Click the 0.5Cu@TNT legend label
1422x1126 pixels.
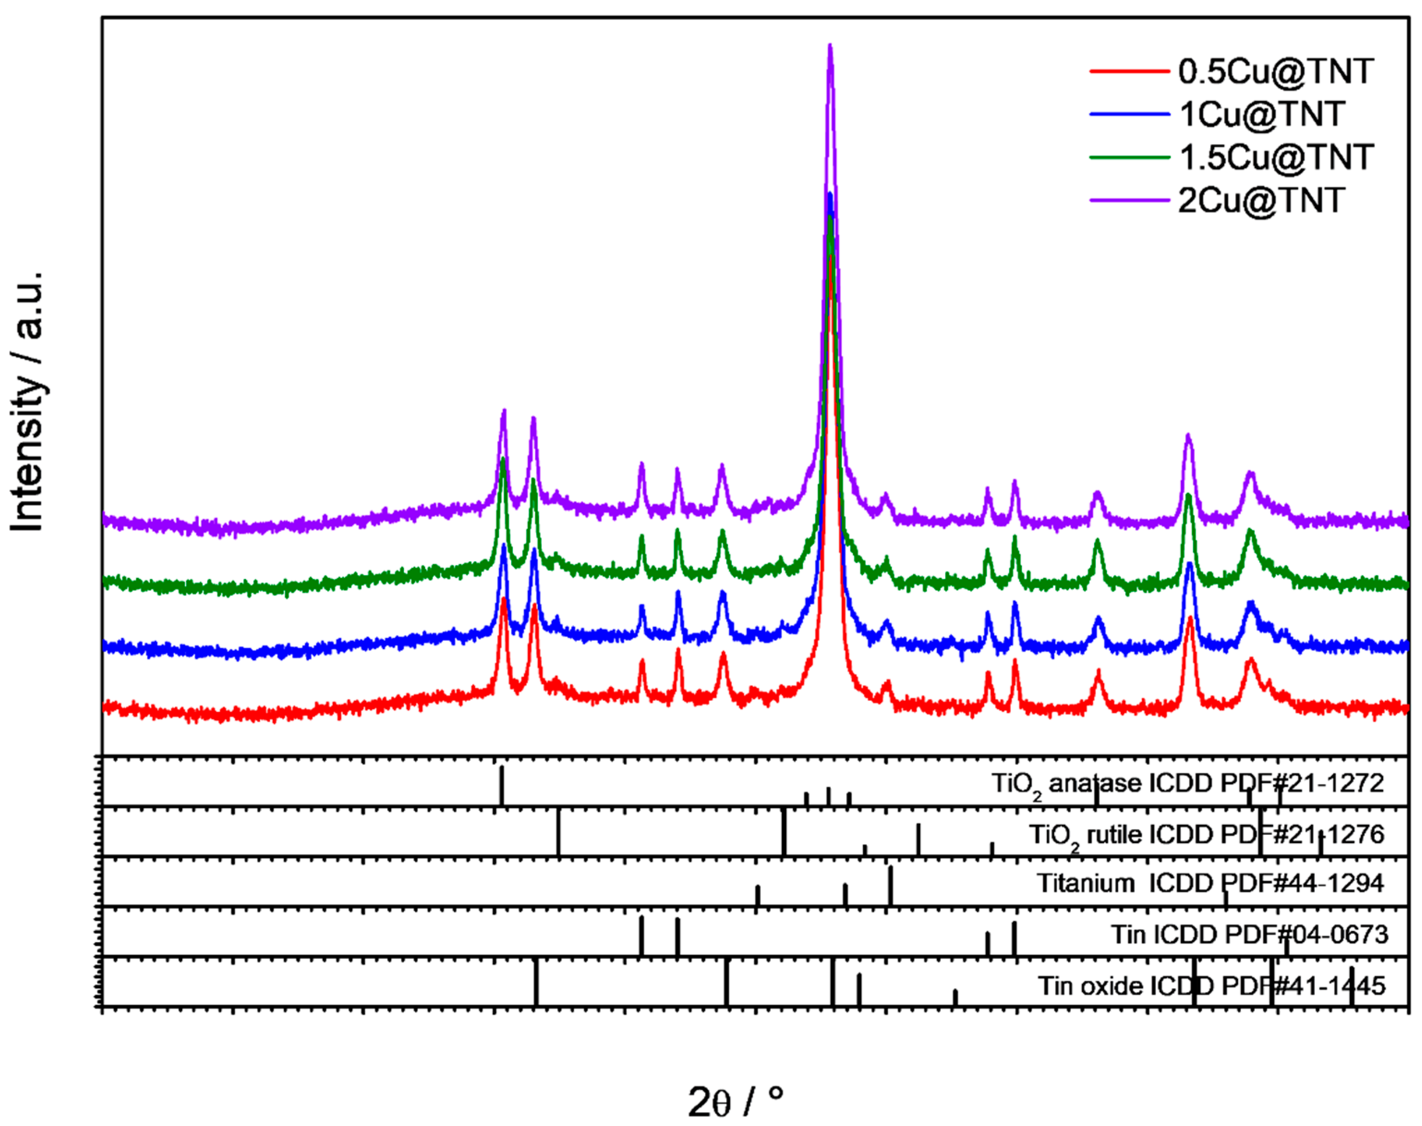click(1276, 71)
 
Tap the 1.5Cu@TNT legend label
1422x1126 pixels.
click(1276, 157)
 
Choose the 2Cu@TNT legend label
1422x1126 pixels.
click(1260, 200)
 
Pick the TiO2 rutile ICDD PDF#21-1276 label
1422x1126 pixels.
click(1206, 834)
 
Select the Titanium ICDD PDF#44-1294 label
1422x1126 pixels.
click(1210, 883)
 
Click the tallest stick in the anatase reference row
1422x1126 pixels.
click(502, 785)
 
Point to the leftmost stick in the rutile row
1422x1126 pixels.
click(558, 833)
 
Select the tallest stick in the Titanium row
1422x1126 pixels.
click(890, 885)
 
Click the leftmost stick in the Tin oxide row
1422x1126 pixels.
click(536, 982)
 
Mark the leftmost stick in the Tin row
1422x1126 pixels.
click(641, 936)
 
